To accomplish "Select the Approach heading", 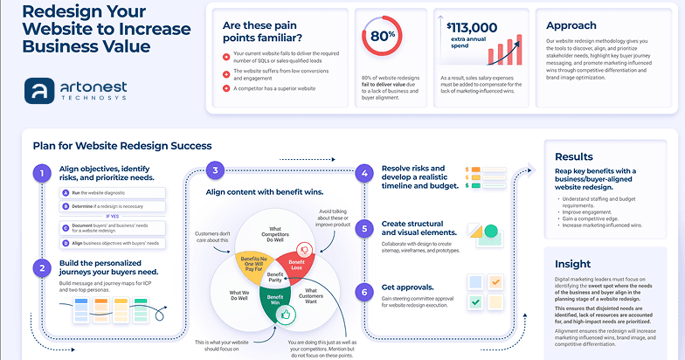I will pyautogui.click(x=572, y=25).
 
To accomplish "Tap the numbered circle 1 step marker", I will pyautogui.click(x=40, y=173).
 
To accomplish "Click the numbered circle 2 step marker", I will pyautogui.click(x=40, y=268).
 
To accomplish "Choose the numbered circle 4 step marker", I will pyautogui.click(x=363, y=173).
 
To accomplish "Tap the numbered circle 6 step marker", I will pyautogui.click(x=363, y=290).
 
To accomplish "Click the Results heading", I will pyautogui.click(x=574, y=156).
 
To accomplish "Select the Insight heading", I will pyautogui.click(x=572, y=263).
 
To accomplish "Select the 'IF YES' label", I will pyautogui.click(x=112, y=215).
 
